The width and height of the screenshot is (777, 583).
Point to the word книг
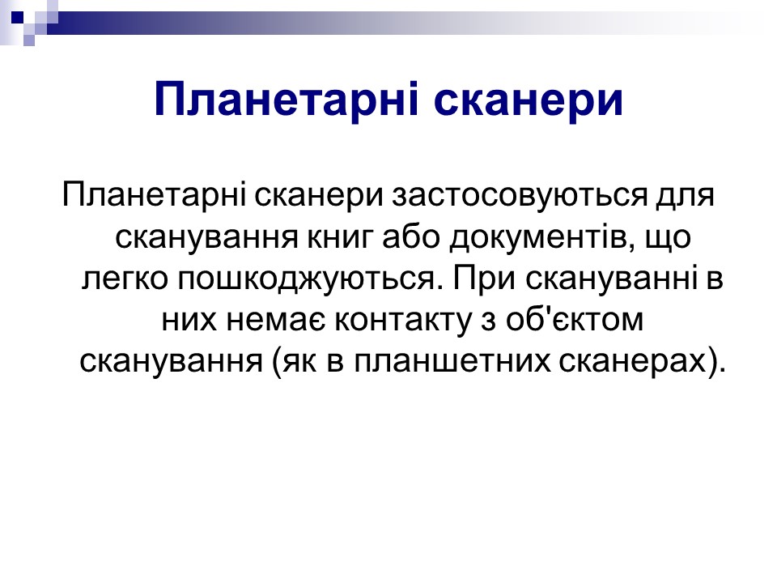tap(339, 238)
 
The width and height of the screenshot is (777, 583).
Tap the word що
tap(669, 238)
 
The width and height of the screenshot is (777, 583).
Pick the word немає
tap(275, 321)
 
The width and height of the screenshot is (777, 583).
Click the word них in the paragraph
tap(189, 321)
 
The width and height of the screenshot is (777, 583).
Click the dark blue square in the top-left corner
tap(17, 17)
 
